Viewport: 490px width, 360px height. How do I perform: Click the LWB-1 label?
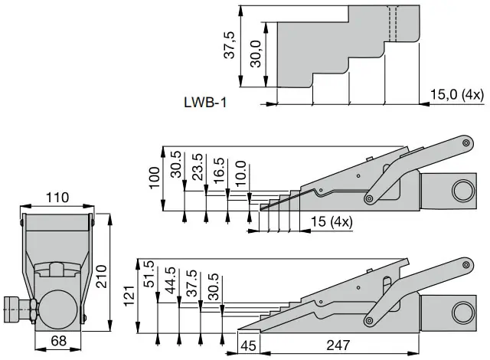pyautogui.click(x=206, y=101)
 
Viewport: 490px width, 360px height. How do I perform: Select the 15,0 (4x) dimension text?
pyautogui.click(x=456, y=95)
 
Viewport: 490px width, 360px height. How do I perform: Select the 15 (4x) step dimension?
pyautogui.click(x=330, y=222)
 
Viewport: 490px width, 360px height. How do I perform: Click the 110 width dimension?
pyautogui.click(x=57, y=198)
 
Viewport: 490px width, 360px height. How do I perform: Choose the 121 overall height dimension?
pyautogui.click(x=129, y=295)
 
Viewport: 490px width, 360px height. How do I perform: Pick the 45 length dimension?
pyautogui.click(x=249, y=346)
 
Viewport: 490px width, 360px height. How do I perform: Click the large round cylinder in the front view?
pyautogui.click(x=58, y=307)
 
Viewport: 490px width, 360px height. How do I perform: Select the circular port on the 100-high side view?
pyautogui.click(x=461, y=191)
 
